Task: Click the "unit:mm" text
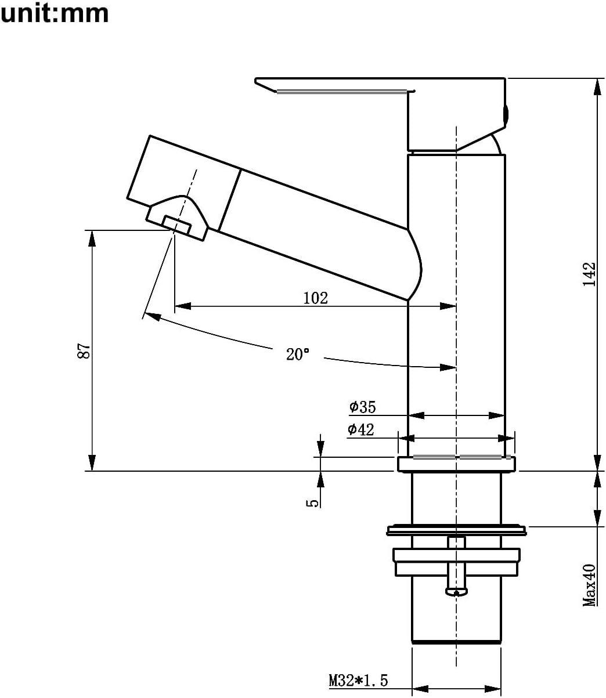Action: [55, 14]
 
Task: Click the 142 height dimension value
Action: [589, 274]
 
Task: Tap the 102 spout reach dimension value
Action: [316, 298]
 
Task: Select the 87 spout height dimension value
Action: [84, 350]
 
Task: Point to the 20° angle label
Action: [298, 354]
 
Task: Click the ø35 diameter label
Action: [362, 407]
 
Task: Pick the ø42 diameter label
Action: [360, 429]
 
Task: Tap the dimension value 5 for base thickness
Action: [312, 503]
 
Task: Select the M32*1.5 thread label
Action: [358, 680]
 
